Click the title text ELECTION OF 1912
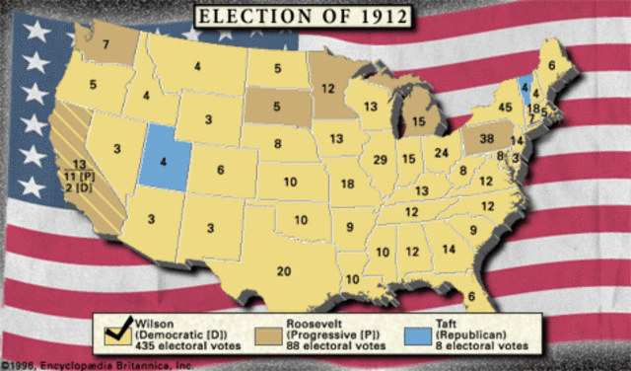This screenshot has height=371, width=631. click(315, 16)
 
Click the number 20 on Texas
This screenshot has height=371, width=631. click(284, 272)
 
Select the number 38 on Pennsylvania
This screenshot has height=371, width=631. click(485, 140)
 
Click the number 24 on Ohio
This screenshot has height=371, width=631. click(442, 153)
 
